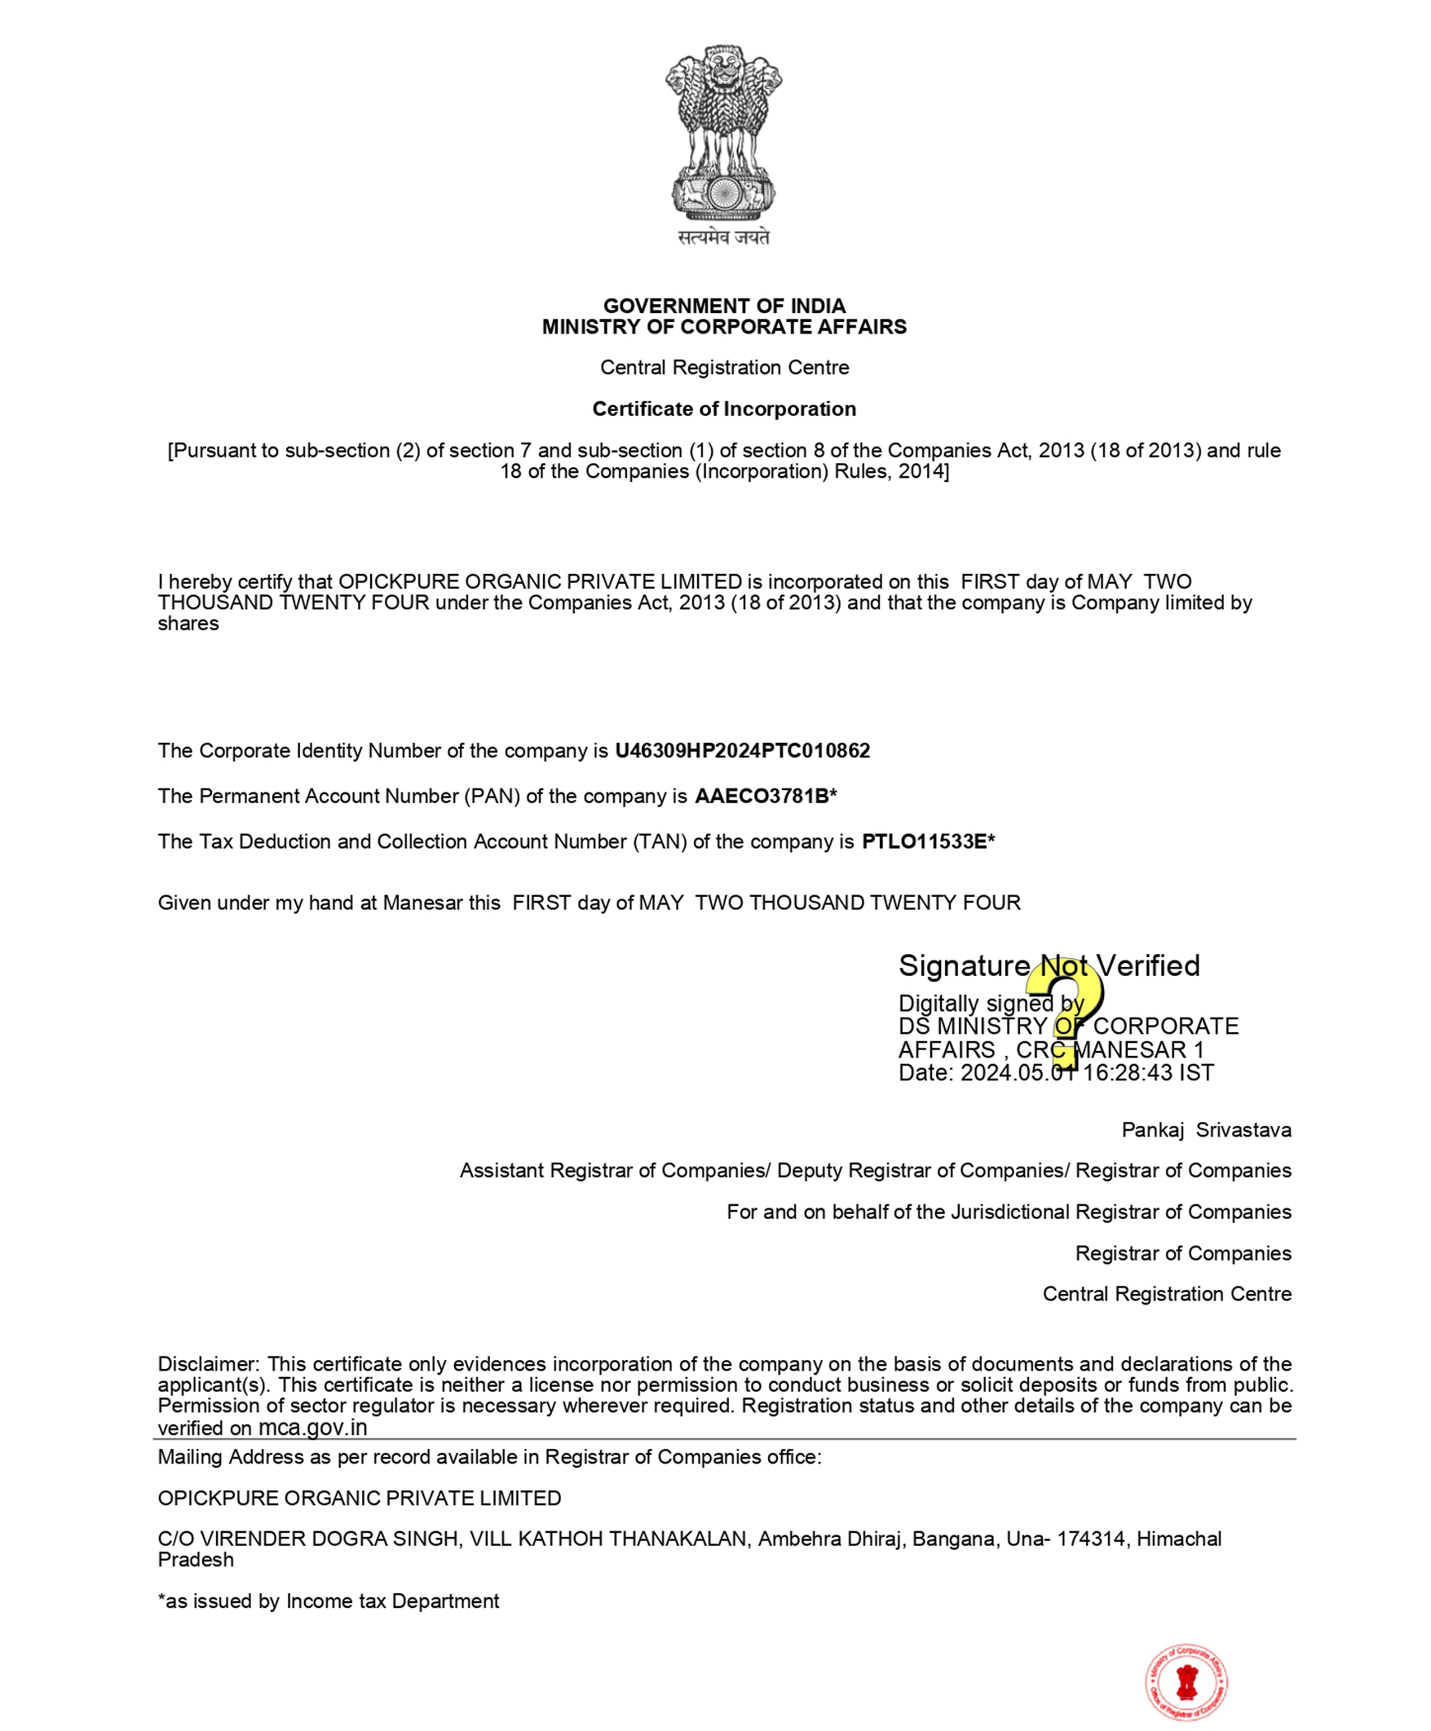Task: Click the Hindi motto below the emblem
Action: coord(723,237)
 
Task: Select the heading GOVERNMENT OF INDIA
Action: coord(724,306)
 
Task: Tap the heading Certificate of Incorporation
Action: coord(724,408)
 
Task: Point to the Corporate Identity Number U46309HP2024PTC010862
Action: coord(742,751)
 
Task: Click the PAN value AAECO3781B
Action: coord(761,797)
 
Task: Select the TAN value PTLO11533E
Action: coord(923,841)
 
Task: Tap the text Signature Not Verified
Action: coord(1049,965)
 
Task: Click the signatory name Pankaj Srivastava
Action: coord(1206,1130)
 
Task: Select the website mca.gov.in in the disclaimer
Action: coord(312,1428)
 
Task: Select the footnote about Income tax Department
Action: coord(328,1601)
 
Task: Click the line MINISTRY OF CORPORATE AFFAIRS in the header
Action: coord(724,327)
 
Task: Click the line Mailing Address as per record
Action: coord(488,1456)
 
